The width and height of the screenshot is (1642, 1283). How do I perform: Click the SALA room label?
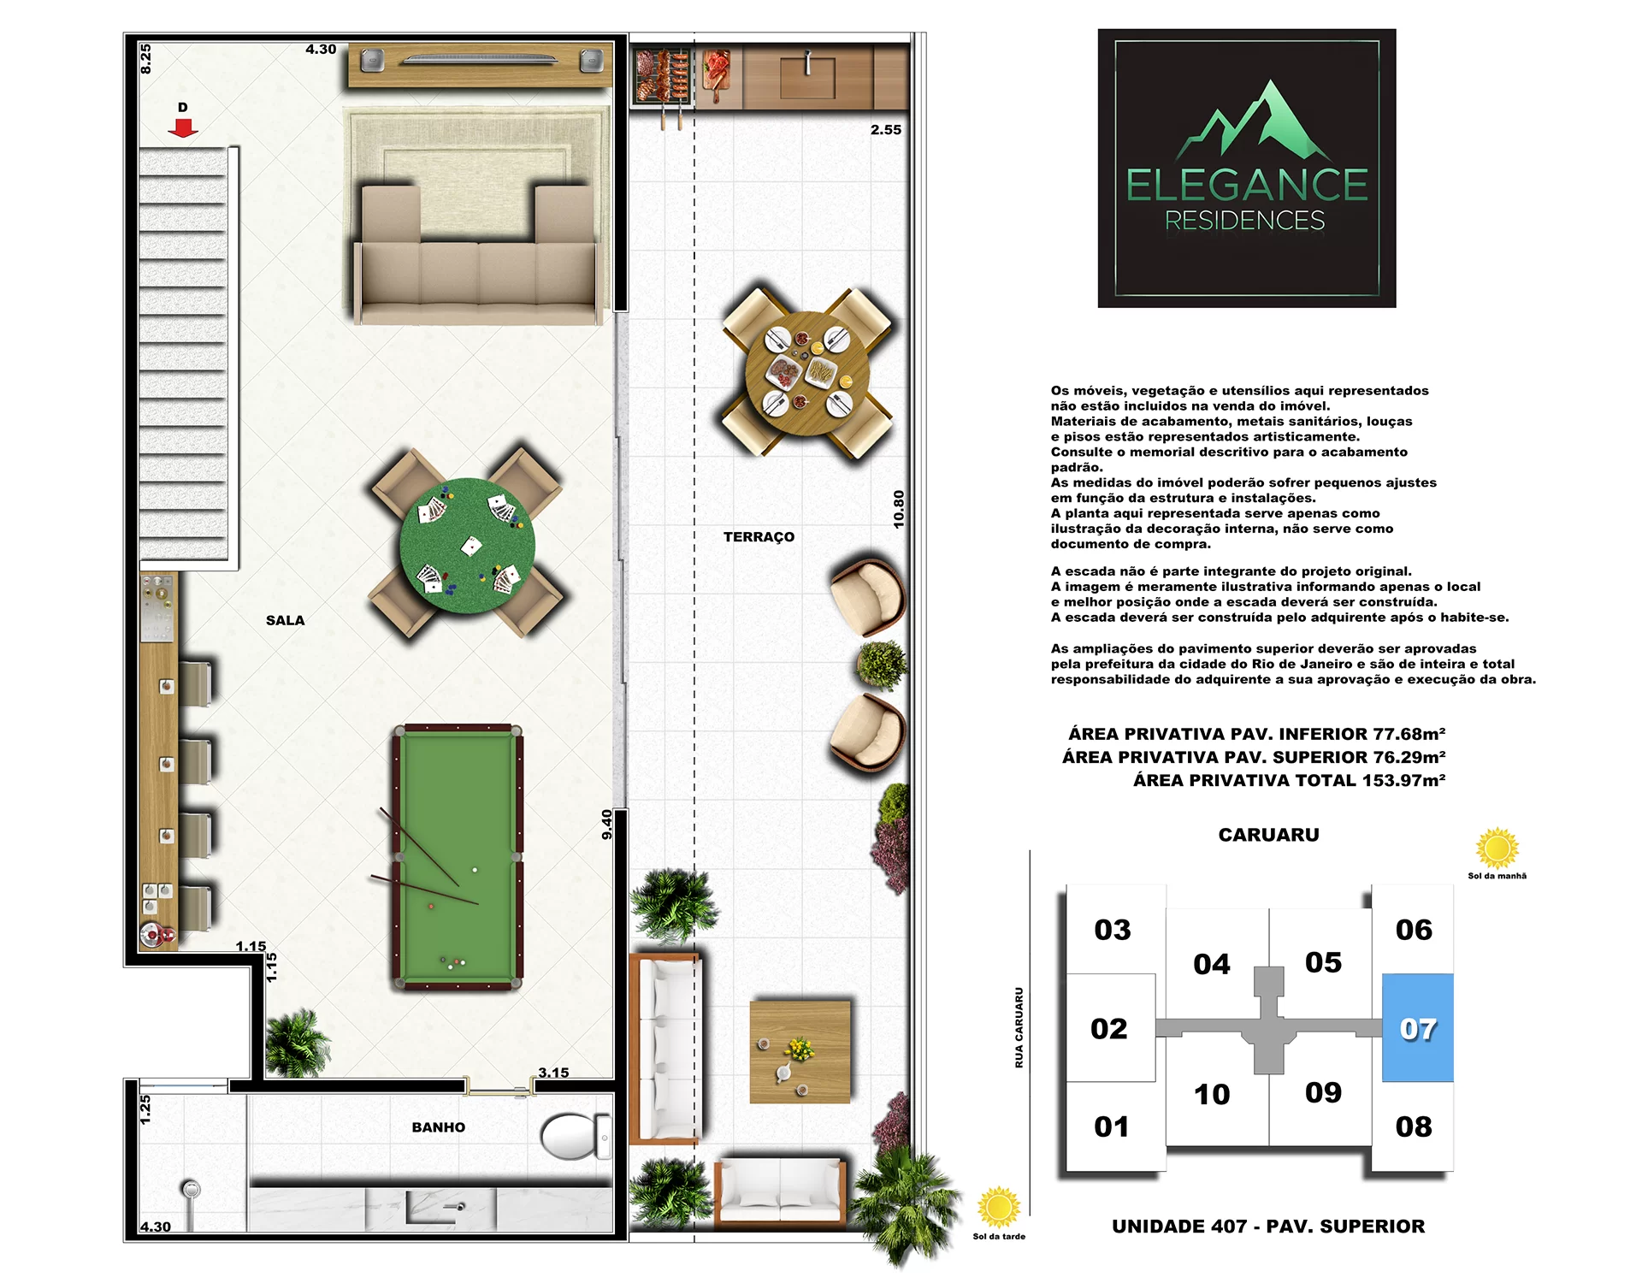285,620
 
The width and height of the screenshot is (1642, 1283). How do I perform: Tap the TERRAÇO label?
759,536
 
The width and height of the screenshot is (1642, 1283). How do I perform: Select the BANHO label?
438,1127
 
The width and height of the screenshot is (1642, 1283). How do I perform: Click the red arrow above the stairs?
183,127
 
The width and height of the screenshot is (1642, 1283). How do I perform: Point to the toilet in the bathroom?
576,1136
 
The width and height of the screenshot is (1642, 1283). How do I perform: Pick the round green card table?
467,545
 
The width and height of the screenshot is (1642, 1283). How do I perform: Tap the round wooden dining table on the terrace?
807,374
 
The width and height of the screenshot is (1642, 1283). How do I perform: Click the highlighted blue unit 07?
1417,1028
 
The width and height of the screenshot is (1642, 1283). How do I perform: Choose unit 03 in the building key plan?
1113,930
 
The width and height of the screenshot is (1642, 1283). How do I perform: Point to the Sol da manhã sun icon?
1497,848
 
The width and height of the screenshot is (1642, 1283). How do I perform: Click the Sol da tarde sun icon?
998,1207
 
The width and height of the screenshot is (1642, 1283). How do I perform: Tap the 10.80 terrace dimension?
898,509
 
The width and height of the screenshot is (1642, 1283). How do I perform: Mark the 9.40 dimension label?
606,825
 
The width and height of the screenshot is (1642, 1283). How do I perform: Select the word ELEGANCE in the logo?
1247,185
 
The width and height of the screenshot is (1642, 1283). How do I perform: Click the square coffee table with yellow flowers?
800,1051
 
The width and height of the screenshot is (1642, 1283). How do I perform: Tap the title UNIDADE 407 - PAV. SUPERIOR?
1268,1227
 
